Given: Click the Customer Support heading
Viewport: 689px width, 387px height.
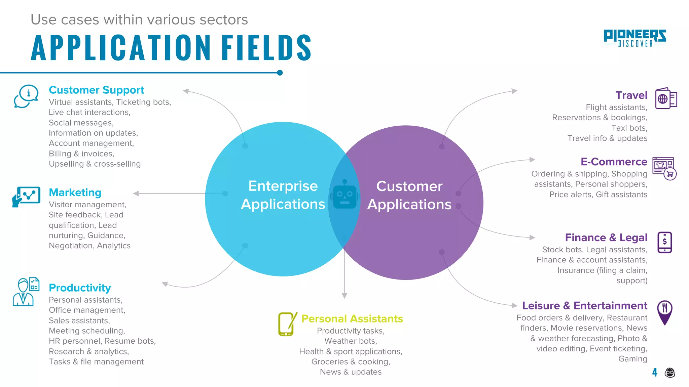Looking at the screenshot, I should pos(96,90).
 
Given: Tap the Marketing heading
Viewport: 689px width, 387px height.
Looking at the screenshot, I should pos(75,192).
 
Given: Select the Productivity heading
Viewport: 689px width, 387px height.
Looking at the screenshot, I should pos(80,288).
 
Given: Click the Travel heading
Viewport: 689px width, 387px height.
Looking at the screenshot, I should pos(631,95).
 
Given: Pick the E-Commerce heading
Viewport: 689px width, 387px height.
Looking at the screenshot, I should pos(614,162).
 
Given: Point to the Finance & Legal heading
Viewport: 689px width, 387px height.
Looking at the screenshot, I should pos(606,238).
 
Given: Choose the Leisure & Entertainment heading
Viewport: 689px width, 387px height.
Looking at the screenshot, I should pos(584,306).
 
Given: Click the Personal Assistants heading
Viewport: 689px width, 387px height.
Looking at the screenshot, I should pos(352,319).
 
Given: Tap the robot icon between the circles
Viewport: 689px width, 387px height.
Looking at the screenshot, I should pos(344,195).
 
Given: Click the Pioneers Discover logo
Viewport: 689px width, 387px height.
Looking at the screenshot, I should pos(635,38).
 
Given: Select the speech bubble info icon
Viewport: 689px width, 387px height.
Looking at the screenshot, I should pos(26,96).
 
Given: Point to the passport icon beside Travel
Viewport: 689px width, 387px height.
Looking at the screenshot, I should pos(666,98).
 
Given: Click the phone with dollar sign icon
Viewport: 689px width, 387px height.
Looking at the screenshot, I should pos(664,242).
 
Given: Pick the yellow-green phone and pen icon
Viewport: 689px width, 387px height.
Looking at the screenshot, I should pos(287,324).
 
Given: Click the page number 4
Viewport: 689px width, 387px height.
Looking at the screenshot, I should pos(655,372).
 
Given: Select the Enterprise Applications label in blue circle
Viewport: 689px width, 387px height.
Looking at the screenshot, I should pos(283,195).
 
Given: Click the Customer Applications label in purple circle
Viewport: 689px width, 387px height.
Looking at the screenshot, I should pos(409,195).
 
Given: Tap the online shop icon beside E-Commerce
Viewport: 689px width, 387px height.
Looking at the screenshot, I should pos(664,168).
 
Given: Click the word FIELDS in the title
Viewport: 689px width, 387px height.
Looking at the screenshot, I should pos(266,48).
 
